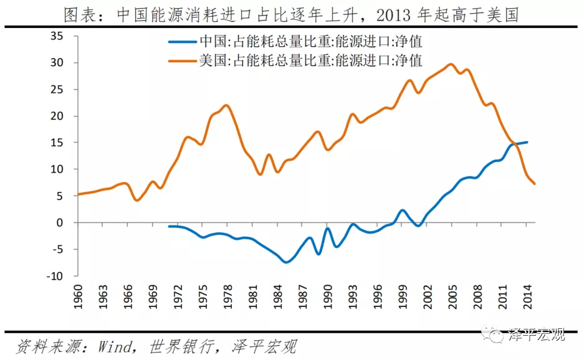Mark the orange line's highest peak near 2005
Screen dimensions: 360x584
coord(451,64)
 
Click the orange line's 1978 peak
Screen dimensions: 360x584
coord(226,105)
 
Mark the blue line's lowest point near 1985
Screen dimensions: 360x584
coord(286,262)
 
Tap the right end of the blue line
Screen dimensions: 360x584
coord(527,142)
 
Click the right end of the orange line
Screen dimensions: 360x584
coord(535,184)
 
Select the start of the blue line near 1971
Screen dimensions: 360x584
coord(170,226)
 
